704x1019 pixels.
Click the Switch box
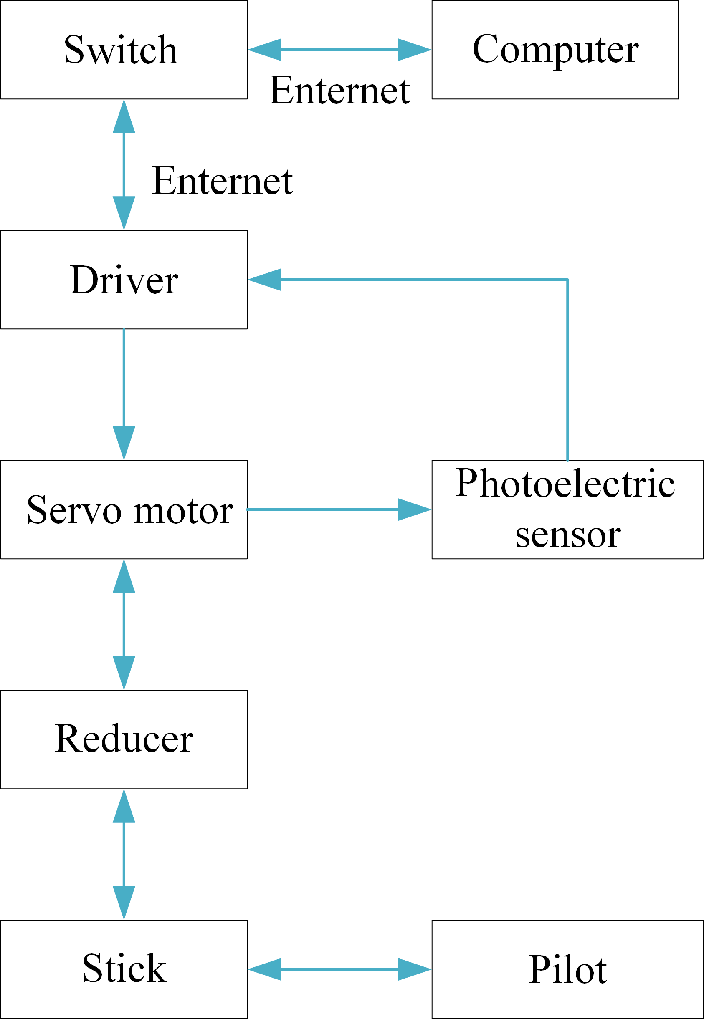click(x=124, y=50)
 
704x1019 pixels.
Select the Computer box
click(x=555, y=50)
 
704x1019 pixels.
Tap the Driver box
click(x=124, y=280)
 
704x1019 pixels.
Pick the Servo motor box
click(x=124, y=510)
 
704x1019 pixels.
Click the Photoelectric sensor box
click(x=567, y=510)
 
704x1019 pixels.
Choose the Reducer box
click(x=124, y=739)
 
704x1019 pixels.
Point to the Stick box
click(x=124, y=969)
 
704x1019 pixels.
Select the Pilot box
click(x=567, y=969)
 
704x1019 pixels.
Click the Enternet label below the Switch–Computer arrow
click(x=339, y=91)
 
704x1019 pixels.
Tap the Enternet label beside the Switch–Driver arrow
click(x=222, y=181)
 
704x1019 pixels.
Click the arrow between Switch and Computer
click(x=339, y=50)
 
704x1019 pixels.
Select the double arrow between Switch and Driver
click(x=124, y=164)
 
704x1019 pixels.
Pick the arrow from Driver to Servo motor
click(x=124, y=394)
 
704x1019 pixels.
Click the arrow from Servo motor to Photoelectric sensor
click(x=339, y=510)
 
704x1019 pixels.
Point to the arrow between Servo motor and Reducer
click(x=124, y=625)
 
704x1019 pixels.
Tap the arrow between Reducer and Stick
click(x=124, y=854)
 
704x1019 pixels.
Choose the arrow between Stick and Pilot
click(x=339, y=969)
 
